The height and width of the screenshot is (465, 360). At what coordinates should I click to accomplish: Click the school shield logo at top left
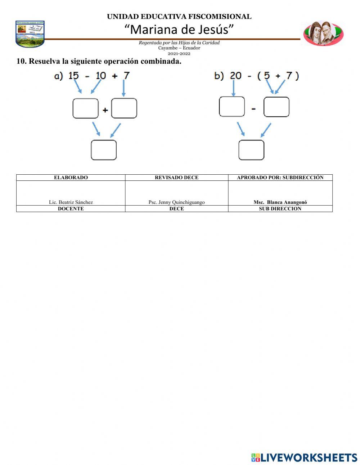pos(30,34)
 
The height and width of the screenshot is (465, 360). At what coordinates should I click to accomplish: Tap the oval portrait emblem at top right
pos(323,33)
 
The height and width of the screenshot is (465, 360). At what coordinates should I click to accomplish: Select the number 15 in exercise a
pos(73,76)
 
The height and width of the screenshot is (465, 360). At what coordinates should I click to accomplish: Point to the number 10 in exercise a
pos(100,76)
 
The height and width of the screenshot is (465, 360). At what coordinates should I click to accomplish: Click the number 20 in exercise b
pos(235,76)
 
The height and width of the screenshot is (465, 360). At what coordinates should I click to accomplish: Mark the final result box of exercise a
pos(104,150)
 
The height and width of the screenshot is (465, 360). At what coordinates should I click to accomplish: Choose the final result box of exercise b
pos(251,150)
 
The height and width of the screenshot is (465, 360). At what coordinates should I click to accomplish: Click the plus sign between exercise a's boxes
pos(105,110)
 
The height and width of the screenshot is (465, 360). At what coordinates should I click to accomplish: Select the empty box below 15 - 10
pos(86,108)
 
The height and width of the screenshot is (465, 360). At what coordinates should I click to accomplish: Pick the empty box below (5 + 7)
pos(276,107)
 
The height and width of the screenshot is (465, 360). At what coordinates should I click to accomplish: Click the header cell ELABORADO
pos(71,178)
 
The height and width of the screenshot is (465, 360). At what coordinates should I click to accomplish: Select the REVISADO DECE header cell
pos(176,178)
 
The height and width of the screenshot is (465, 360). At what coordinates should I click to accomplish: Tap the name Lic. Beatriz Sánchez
pos(71,202)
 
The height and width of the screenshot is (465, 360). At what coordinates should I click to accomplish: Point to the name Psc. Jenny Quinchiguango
pos(176,202)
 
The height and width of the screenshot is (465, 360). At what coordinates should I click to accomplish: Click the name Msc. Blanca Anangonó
pos(280,202)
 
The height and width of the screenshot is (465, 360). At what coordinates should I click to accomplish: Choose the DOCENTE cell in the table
pos(71,209)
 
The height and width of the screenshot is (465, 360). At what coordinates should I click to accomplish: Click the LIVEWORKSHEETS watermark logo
pos(304,457)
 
